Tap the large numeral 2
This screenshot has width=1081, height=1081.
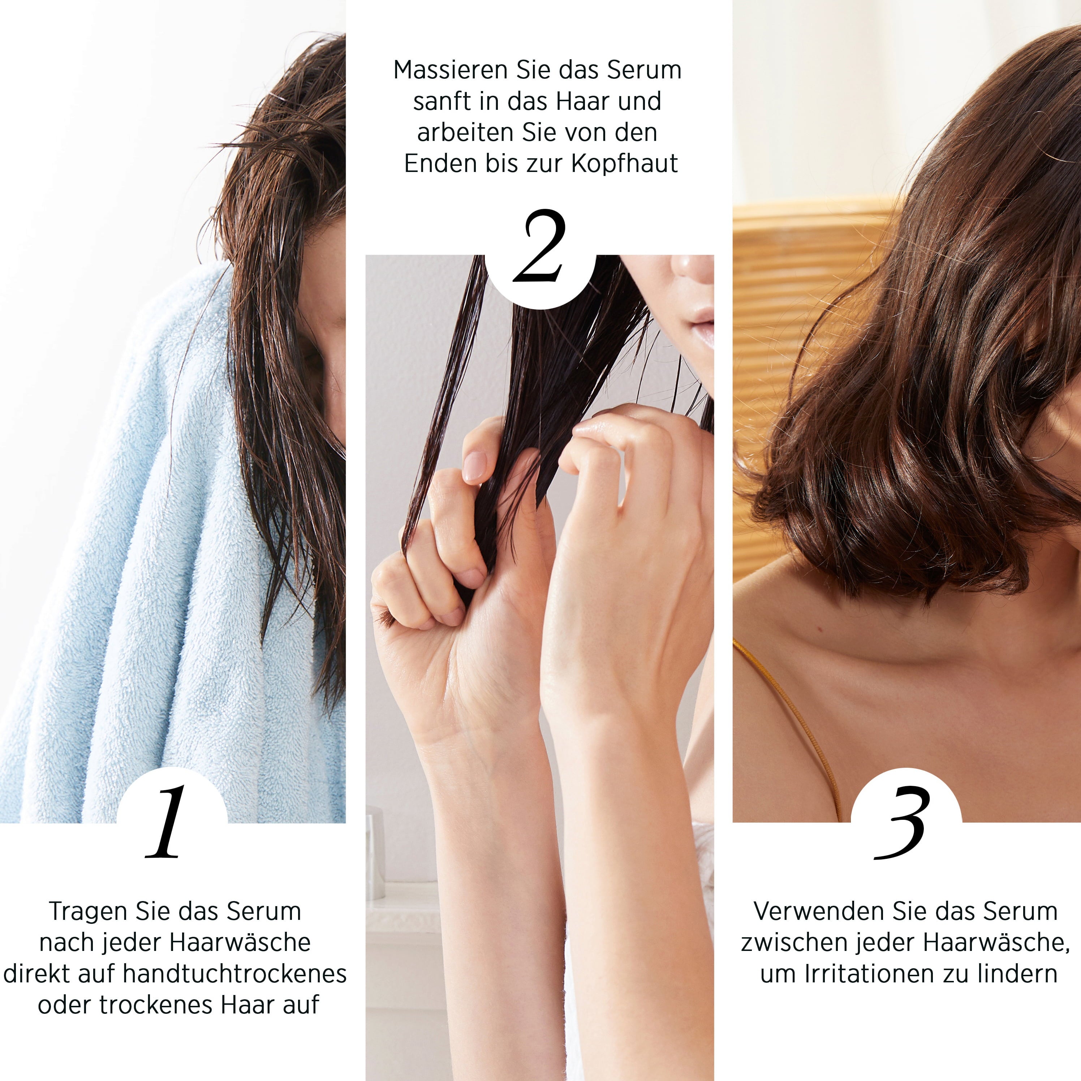pos(539,246)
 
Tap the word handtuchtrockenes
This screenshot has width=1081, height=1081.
pos(234,974)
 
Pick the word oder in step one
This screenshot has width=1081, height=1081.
pos(64,1004)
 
